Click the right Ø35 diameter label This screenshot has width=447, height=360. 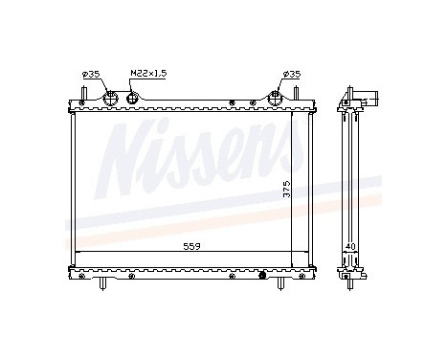pyautogui.click(x=288, y=75)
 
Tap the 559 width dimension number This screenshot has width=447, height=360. pyautogui.click(x=191, y=246)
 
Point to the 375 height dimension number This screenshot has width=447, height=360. pyautogui.click(x=285, y=190)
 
